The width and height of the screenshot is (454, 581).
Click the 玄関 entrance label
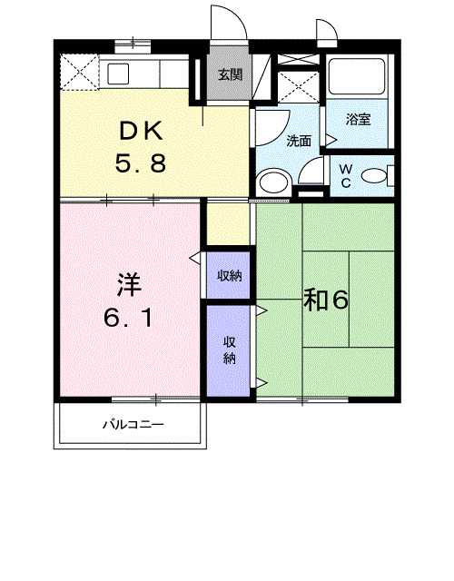point(230,74)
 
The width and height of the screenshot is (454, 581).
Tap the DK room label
point(141,131)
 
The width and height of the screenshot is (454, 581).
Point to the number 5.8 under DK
point(140,163)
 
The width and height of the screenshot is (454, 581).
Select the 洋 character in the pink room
point(129,285)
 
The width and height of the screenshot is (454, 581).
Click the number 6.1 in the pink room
point(128,318)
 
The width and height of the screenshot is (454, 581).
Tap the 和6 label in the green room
point(326,300)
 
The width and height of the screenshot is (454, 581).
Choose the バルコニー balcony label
point(133,424)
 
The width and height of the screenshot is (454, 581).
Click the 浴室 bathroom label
point(359,120)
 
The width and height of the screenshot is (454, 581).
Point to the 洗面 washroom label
point(299,142)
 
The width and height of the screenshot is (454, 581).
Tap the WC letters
point(346,175)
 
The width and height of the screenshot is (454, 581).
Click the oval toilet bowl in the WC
point(373,175)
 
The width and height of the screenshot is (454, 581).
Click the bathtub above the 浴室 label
point(357,76)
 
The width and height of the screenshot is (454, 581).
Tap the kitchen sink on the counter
point(118,74)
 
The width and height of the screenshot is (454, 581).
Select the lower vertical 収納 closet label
point(230,350)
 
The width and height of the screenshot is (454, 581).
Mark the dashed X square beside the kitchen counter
point(79,73)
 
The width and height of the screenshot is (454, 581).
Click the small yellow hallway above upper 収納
point(228,224)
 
